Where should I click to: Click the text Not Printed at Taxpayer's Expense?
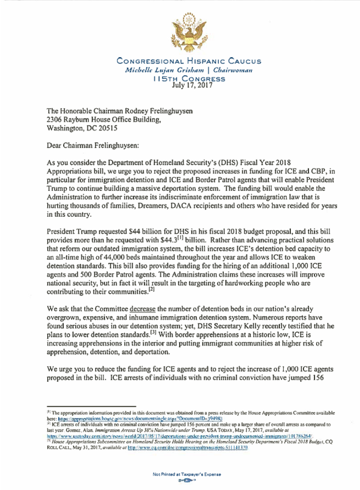181,472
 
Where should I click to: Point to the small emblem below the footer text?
181,480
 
